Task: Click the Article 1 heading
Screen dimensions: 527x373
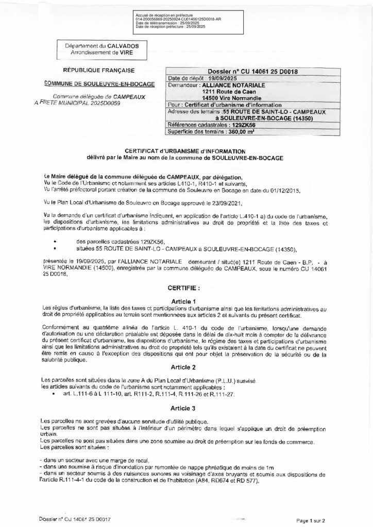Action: point(186,301)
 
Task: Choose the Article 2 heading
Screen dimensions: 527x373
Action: point(186,366)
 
